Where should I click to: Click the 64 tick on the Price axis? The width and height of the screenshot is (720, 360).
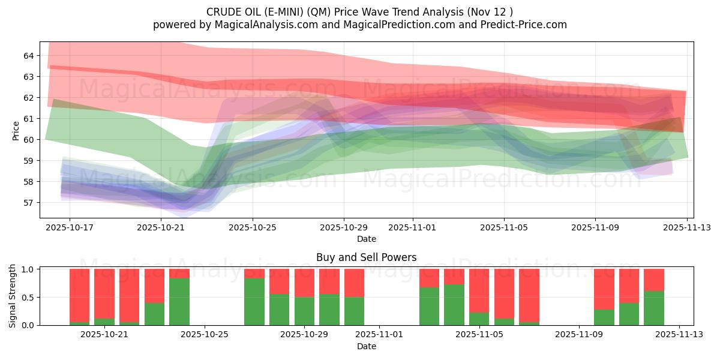[x=29, y=56]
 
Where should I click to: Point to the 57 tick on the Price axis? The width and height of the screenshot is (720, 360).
[x=29, y=203]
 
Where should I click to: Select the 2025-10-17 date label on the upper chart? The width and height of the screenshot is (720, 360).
[x=70, y=228]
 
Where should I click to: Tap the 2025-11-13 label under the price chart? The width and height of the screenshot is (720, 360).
[x=687, y=228]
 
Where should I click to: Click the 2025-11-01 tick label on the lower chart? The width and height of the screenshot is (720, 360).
[x=380, y=334]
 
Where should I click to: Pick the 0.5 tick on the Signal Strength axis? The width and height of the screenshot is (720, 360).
[x=28, y=298]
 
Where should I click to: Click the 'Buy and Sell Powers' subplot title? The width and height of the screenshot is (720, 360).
[x=366, y=258]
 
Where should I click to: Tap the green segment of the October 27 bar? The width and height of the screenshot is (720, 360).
[x=254, y=302]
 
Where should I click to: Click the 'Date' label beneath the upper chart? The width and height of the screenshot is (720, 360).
[x=366, y=239]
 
